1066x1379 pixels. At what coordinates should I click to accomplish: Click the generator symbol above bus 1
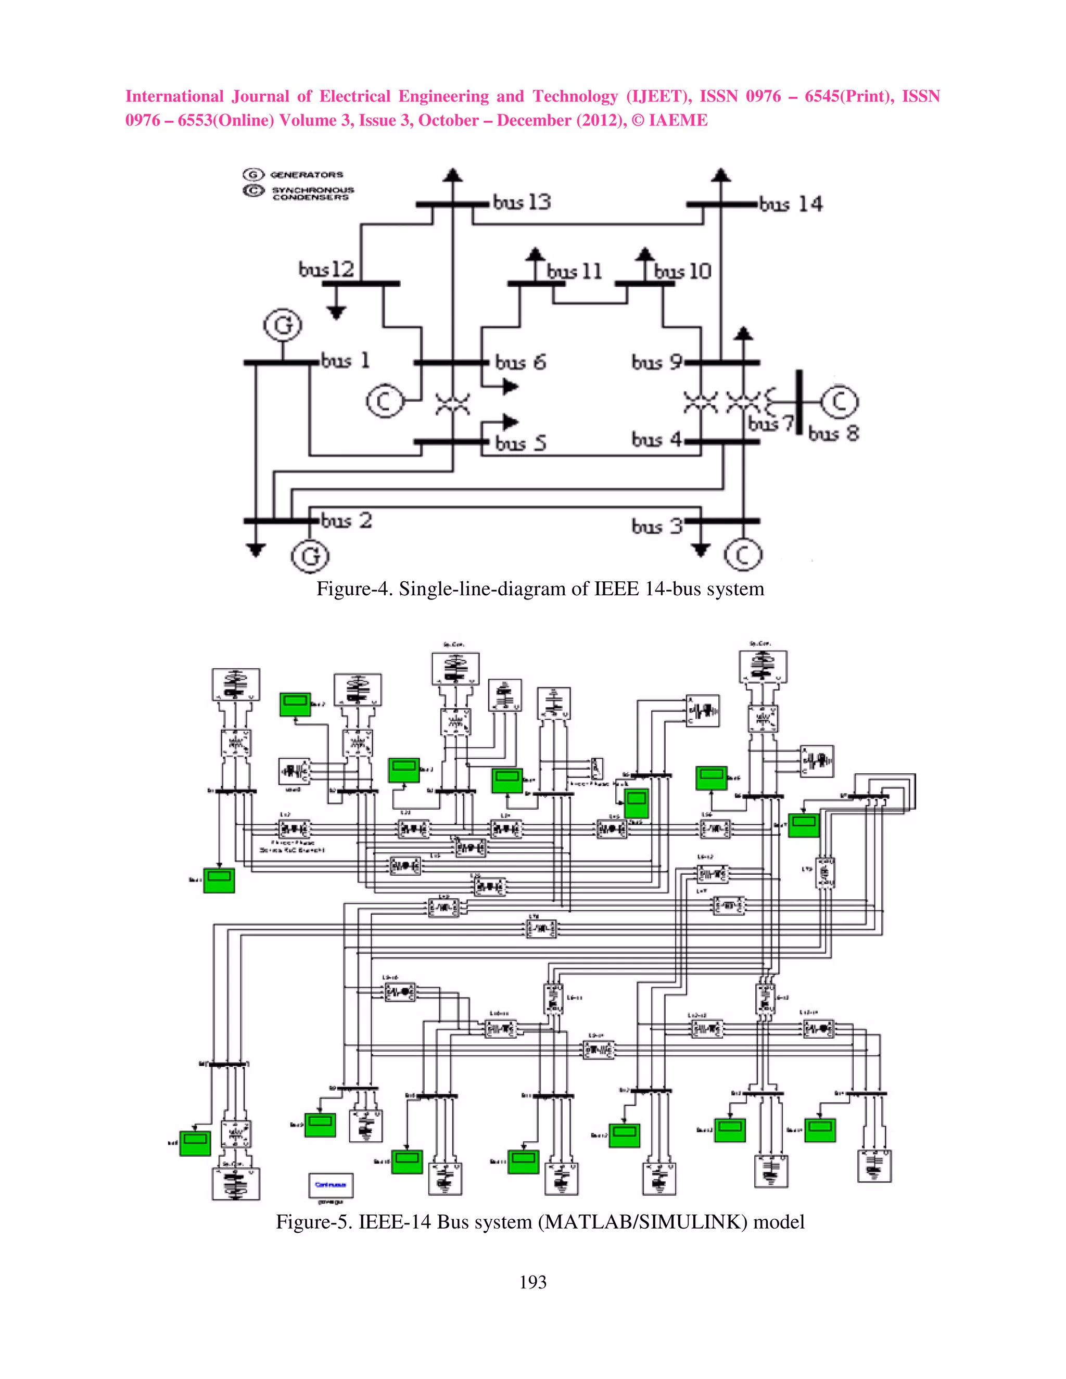click(282, 325)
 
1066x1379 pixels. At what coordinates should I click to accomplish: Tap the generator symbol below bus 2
click(310, 556)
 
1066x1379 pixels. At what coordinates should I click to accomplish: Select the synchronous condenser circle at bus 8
click(839, 402)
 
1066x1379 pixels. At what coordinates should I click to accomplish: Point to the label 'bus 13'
click(522, 202)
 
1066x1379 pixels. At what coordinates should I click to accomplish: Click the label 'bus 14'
click(791, 204)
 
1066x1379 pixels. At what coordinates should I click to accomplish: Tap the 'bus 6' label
click(521, 362)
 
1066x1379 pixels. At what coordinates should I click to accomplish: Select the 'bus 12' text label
click(326, 270)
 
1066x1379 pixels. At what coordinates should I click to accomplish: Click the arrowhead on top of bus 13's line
click(452, 175)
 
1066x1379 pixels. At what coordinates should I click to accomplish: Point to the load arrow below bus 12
click(337, 311)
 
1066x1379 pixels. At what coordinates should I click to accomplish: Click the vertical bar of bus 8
click(799, 402)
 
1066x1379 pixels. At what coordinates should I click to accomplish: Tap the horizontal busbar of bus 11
click(536, 284)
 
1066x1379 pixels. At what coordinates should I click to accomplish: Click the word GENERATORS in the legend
click(306, 175)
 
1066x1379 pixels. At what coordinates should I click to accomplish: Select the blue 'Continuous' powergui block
click(331, 1184)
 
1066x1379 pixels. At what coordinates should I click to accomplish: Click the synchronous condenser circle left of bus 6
click(385, 402)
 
